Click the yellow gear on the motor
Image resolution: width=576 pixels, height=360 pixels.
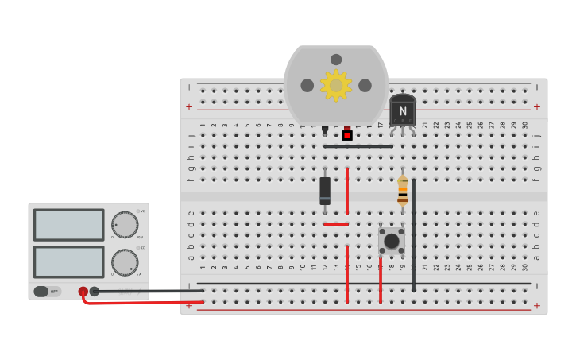click(x=336, y=85)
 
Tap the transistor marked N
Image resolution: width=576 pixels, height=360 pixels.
click(x=403, y=110)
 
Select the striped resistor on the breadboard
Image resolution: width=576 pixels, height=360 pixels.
click(x=403, y=192)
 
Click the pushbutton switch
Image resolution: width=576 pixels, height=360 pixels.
click(x=392, y=240)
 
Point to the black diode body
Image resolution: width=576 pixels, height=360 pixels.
click(x=325, y=190)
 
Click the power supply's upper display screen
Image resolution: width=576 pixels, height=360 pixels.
click(x=69, y=224)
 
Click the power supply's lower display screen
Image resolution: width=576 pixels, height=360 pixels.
click(x=69, y=261)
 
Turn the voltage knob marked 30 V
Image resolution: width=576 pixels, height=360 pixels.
click(x=125, y=224)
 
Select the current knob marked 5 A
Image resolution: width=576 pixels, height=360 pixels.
click(x=125, y=261)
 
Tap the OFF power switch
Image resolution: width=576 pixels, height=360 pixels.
click(x=47, y=292)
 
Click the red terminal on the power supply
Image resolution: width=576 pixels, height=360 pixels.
click(x=83, y=292)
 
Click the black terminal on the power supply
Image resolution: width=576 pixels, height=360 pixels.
click(x=95, y=292)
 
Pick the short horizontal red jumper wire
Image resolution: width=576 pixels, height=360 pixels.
click(x=336, y=224)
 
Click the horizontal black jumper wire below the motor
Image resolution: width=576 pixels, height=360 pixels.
click(x=358, y=146)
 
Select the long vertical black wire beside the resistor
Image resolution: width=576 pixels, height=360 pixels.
click(x=414, y=234)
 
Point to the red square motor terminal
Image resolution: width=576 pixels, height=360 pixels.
click(x=347, y=135)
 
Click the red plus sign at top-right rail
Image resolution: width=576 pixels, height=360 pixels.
click(x=536, y=106)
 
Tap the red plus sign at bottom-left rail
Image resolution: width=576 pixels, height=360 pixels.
click(x=189, y=305)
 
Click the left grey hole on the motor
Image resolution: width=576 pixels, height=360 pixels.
click(x=307, y=85)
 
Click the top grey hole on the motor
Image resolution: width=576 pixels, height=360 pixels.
click(x=336, y=60)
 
